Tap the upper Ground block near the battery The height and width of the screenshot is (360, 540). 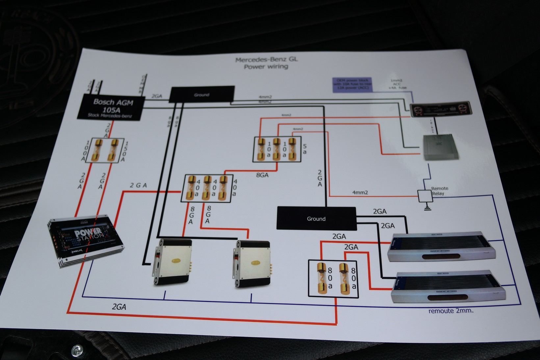tap(202, 94)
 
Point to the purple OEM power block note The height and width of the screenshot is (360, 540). tap(352, 85)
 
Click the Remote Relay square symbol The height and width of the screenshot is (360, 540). tap(424, 196)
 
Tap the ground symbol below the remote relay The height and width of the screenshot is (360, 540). tap(427, 207)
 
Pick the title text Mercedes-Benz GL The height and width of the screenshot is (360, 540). tap(266, 60)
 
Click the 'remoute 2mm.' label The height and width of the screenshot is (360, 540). tap(450, 311)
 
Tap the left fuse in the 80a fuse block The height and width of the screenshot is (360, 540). tap(321, 278)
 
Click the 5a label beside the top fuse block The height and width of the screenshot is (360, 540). tap(304, 149)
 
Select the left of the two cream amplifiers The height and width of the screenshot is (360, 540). tap(172, 262)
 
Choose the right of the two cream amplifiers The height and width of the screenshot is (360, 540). tap(253, 264)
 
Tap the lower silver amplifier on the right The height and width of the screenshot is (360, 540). tap(448, 287)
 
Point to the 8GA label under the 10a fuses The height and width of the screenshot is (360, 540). tap(262, 175)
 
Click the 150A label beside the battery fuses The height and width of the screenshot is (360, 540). tap(124, 152)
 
